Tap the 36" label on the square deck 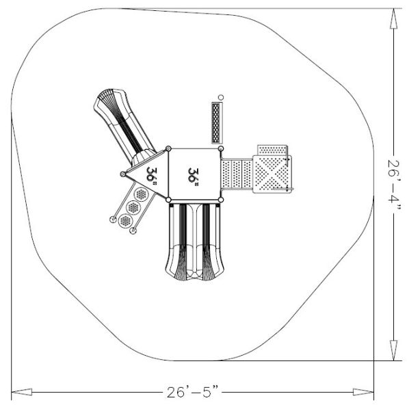(194, 175)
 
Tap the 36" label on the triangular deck (152, 176)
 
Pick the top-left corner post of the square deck (168, 148)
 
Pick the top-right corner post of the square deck (221, 148)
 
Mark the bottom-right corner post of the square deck (221, 200)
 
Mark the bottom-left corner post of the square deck (168, 200)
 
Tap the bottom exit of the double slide (194, 274)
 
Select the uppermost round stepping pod (142, 194)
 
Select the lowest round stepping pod (125, 220)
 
